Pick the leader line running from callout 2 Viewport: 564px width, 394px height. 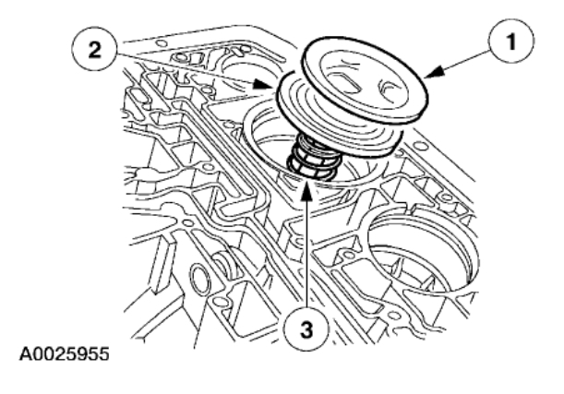pyautogui.click(x=185, y=66)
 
